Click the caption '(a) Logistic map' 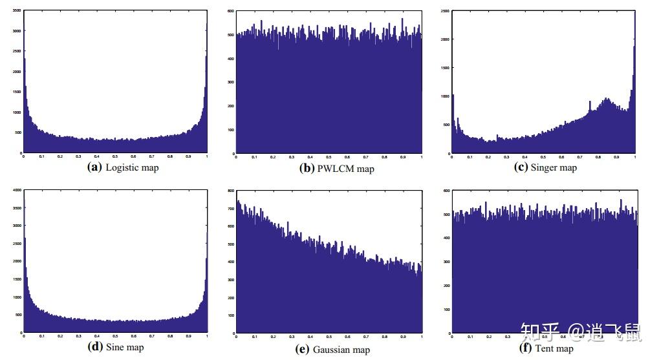(x=123, y=167)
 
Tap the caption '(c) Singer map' (x=545, y=167)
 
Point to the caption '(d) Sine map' (x=116, y=347)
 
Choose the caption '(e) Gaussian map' (x=332, y=349)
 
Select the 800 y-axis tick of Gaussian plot (x=230, y=191)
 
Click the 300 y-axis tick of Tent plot (x=446, y=262)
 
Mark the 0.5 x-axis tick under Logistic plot (x=115, y=156)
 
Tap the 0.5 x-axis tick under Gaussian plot (x=329, y=337)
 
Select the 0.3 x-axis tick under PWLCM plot (x=292, y=157)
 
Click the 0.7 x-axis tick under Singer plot (x=579, y=157)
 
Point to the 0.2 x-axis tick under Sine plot (x=60, y=336)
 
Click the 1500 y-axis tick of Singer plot (x=445, y=68)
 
